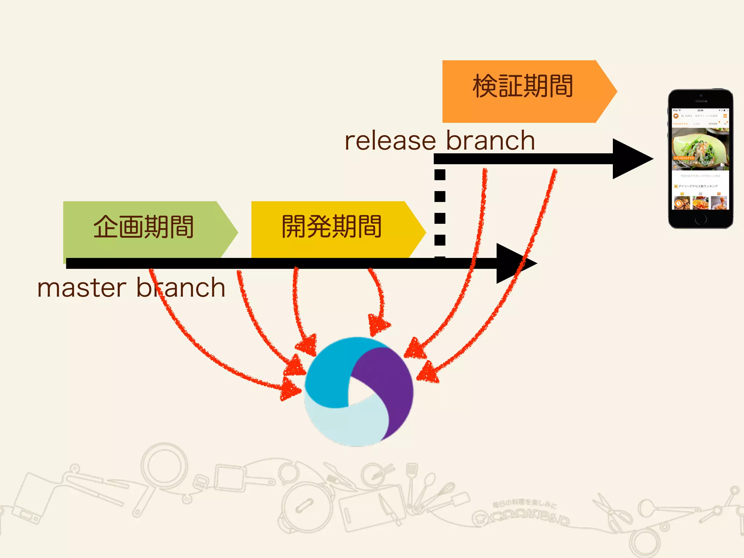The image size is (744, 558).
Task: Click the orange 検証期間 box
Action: [523, 91]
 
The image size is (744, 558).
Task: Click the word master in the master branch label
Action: [82, 288]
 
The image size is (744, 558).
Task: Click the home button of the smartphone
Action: [701, 219]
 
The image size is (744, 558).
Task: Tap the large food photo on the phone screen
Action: [700, 147]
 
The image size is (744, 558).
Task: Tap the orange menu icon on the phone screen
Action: [725, 116]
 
